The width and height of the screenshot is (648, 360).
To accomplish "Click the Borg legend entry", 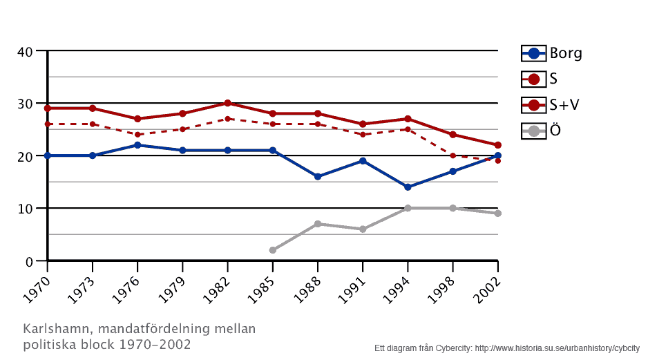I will coord(551,53).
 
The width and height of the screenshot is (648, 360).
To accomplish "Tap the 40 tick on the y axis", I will coord(25,51).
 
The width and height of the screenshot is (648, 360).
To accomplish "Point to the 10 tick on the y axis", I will coord(25,209).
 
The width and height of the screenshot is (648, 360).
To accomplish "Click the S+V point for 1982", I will coord(227,103).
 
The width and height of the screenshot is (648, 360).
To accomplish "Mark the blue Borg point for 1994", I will coord(408,187).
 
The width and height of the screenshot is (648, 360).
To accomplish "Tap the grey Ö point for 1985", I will coord(272,250).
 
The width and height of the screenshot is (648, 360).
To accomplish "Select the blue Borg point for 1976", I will coord(137,145).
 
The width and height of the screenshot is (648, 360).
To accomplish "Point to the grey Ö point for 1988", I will coord(317,224).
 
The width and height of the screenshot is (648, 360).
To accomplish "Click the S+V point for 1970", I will coord(47,108).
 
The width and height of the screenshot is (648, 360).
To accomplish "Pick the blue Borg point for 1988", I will coord(317,177).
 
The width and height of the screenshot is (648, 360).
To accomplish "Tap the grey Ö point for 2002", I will coord(497,214).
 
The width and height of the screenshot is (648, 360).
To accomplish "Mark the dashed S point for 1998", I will coord(452,155).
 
